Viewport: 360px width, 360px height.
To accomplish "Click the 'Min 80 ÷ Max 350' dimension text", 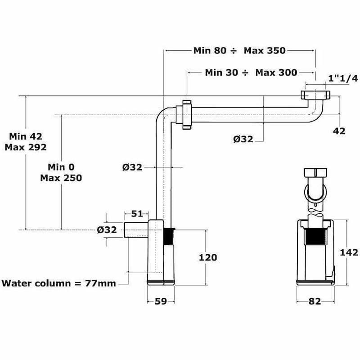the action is (239, 50).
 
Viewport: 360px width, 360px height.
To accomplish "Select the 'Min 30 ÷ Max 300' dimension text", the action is (251, 72).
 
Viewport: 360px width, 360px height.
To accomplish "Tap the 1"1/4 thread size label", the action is (343, 78).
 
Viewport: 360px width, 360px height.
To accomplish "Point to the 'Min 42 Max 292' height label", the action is (26, 142).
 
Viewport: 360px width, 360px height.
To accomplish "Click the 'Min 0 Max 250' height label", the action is (61, 172).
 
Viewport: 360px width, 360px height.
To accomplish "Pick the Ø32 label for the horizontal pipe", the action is (243, 139).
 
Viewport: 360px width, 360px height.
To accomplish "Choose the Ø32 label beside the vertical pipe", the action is (132, 167).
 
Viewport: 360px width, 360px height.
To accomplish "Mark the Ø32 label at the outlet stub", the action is (107, 229).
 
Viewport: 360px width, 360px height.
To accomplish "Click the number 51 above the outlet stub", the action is (137, 214).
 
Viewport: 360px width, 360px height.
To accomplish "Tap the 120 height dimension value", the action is (208, 257).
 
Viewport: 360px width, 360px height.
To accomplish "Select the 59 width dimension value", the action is (161, 301).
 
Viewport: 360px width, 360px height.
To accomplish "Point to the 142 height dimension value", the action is (349, 252).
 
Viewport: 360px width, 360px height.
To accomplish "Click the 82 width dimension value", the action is (315, 301).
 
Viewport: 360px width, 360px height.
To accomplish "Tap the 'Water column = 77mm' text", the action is (59, 283).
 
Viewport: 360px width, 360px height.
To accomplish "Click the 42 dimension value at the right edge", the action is (339, 131).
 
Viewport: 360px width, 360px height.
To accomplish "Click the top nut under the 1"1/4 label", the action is (315, 95).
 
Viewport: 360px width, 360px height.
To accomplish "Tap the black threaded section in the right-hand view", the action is (315, 237).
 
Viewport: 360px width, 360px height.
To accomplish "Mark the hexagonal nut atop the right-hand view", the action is (316, 173).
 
